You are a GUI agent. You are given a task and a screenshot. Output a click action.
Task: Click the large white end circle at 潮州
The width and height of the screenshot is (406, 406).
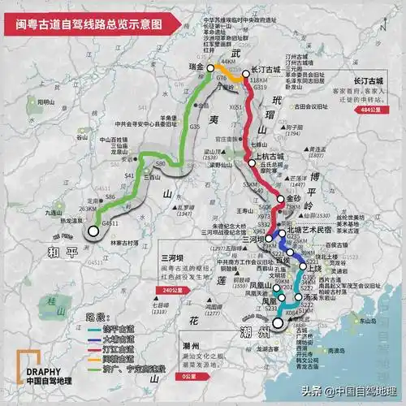point(279,323)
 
